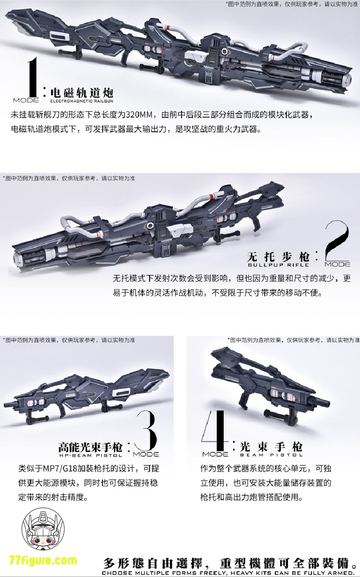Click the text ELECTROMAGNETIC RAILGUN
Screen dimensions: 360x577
pyautogui.click(x=82, y=101)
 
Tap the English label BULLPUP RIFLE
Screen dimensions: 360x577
pyautogui.click(x=278, y=265)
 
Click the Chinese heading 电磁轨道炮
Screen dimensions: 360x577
pyautogui.click(x=82, y=92)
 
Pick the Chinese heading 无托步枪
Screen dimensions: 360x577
pyautogui.click(x=278, y=257)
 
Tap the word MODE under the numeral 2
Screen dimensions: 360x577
pyautogui.click(x=338, y=264)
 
